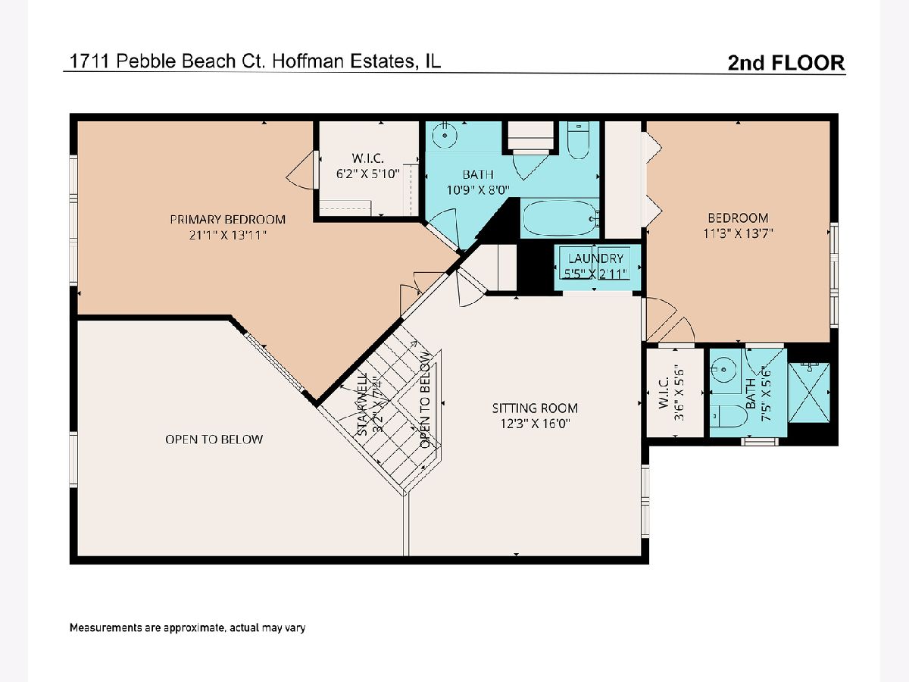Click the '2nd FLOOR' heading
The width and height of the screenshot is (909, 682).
(786, 63)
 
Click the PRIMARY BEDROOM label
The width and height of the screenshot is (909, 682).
(228, 219)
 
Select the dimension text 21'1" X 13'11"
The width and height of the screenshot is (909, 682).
(228, 235)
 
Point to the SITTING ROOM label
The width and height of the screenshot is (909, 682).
(535, 408)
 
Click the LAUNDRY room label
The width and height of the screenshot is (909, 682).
(595, 258)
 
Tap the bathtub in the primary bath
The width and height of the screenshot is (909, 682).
(560, 217)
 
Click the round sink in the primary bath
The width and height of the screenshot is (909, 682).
(445, 136)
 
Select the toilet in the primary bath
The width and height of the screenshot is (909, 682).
(578, 140)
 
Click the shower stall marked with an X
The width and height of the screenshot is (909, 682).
(809, 393)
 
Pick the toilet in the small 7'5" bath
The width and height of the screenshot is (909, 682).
(728, 415)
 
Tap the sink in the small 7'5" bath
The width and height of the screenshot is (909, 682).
(723, 370)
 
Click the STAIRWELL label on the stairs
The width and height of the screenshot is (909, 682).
(362, 404)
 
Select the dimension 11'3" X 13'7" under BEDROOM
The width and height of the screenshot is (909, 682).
(738, 233)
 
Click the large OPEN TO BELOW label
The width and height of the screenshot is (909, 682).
(214, 439)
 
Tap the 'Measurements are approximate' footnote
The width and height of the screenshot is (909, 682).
(187, 627)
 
